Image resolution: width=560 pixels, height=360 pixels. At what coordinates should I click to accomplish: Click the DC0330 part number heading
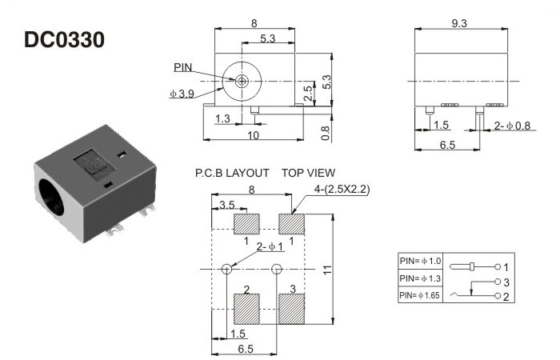tap(64, 39)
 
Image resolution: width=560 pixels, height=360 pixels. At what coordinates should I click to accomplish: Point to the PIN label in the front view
tap(183, 68)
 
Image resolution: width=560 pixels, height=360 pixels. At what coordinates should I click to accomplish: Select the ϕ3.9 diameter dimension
tap(182, 94)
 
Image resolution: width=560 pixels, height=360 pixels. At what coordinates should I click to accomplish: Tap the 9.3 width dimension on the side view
tap(459, 24)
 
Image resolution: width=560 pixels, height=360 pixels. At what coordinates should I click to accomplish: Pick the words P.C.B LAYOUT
tap(232, 173)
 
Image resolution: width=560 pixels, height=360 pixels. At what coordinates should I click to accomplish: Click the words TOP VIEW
tap(308, 173)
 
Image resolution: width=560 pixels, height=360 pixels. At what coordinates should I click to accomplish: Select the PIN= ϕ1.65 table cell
tap(420, 295)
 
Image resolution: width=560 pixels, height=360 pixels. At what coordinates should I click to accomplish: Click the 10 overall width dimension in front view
tap(254, 135)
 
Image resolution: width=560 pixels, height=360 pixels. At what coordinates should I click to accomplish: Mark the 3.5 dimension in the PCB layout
tap(227, 205)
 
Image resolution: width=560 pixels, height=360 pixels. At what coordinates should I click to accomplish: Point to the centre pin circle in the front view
tap(242, 81)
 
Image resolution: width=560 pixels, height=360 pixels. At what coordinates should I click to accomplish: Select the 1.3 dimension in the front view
tap(223, 118)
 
